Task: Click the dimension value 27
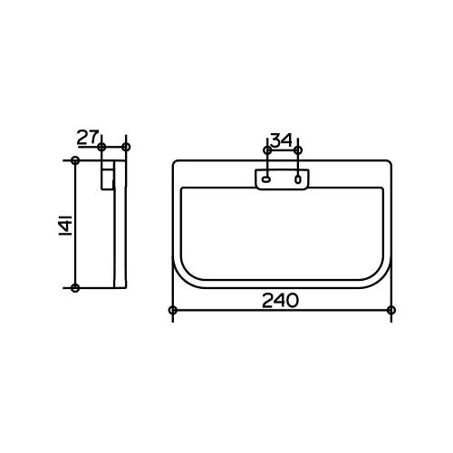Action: [x=88, y=138]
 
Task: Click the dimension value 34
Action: [x=282, y=140]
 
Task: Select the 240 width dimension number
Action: [x=280, y=301]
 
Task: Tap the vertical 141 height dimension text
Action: [x=65, y=225]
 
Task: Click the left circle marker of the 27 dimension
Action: [x=101, y=148]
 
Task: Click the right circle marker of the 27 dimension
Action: [x=126, y=148]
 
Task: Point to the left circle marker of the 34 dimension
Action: [x=267, y=150]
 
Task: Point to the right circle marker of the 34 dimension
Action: [x=298, y=150]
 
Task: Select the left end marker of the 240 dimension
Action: [x=173, y=310]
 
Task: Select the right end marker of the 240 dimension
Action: [x=391, y=310]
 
